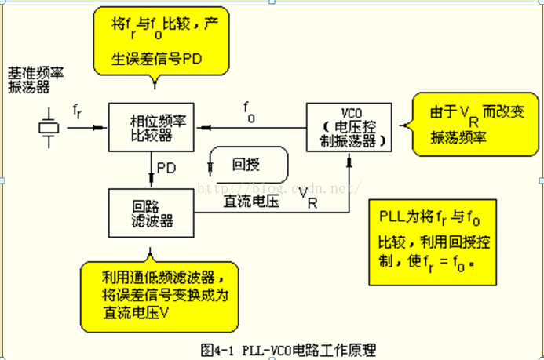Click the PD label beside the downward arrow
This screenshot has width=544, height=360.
tap(166, 168)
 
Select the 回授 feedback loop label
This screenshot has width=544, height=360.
tap(248, 166)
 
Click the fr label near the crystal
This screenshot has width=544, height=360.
tap(76, 111)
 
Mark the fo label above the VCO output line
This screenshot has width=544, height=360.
tap(247, 111)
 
